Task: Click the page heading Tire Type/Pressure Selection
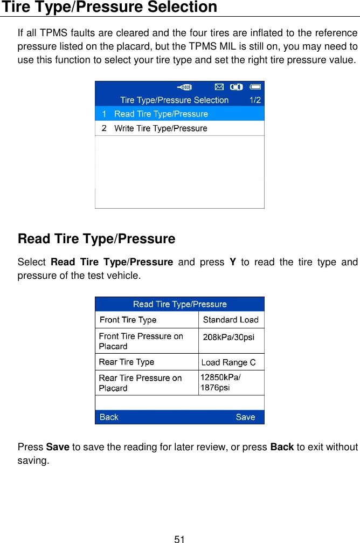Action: pos(108,8)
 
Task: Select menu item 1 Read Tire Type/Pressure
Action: pos(161,114)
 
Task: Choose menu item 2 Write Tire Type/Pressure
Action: pos(161,128)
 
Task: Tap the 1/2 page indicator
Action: pos(255,100)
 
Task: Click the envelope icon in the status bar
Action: pos(219,86)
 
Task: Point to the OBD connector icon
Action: pos(185,86)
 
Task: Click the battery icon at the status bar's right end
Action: pos(255,86)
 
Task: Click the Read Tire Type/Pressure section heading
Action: pos(96,238)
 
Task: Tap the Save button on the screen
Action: pos(245,417)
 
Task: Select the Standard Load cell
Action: pos(231,320)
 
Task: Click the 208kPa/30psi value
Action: pos(229,337)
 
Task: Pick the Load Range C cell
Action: pos(229,362)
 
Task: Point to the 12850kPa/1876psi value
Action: pos(221,382)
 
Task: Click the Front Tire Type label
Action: pos(128,320)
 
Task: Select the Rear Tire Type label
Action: pos(127,362)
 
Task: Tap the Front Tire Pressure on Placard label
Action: pos(141,341)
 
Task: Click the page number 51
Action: pos(179,539)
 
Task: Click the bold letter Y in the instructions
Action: pos(233,263)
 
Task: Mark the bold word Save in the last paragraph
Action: pos(57,448)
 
